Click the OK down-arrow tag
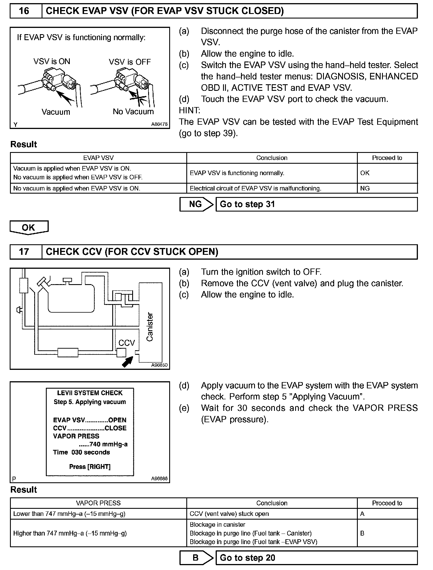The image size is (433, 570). click(29, 227)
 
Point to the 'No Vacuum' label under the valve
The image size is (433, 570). click(133, 112)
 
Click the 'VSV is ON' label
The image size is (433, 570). click(52, 61)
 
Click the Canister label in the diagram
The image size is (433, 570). click(150, 327)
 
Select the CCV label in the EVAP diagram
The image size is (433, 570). click(126, 343)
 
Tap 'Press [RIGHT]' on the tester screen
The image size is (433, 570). click(90, 467)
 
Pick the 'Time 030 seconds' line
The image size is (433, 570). click(81, 452)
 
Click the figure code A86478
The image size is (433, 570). click(159, 124)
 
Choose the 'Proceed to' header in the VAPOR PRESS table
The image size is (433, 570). click(387, 503)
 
